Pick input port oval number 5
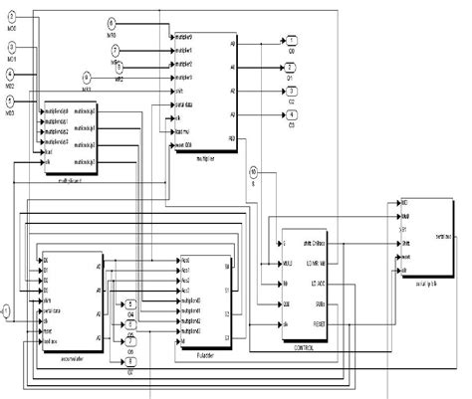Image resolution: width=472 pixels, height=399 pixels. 10,100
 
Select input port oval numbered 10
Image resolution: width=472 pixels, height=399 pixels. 254,172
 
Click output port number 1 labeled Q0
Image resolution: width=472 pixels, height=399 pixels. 292,44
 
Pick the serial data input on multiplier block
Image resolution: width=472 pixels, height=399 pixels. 183,102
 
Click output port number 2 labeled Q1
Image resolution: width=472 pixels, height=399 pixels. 292,68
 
